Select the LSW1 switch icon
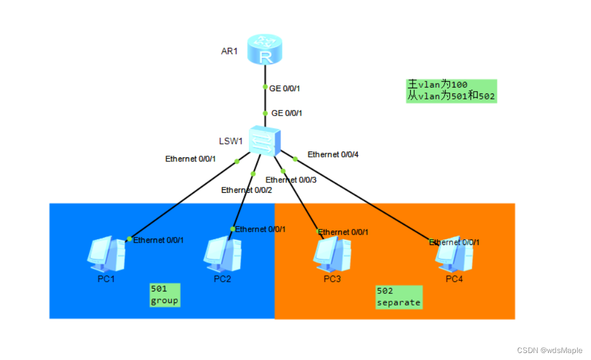(x=264, y=141)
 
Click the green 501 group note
(x=164, y=294)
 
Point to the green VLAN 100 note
(x=451, y=91)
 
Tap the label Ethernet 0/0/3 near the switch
(x=291, y=180)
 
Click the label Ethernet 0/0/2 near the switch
(x=246, y=190)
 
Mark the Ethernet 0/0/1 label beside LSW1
(x=191, y=159)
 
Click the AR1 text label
(x=230, y=51)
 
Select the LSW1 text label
(x=230, y=141)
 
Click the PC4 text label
(x=454, y=279)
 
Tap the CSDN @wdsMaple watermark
(x=549, y=350)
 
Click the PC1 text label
(x=106, y=279)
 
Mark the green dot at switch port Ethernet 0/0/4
(x=295, y=158)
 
